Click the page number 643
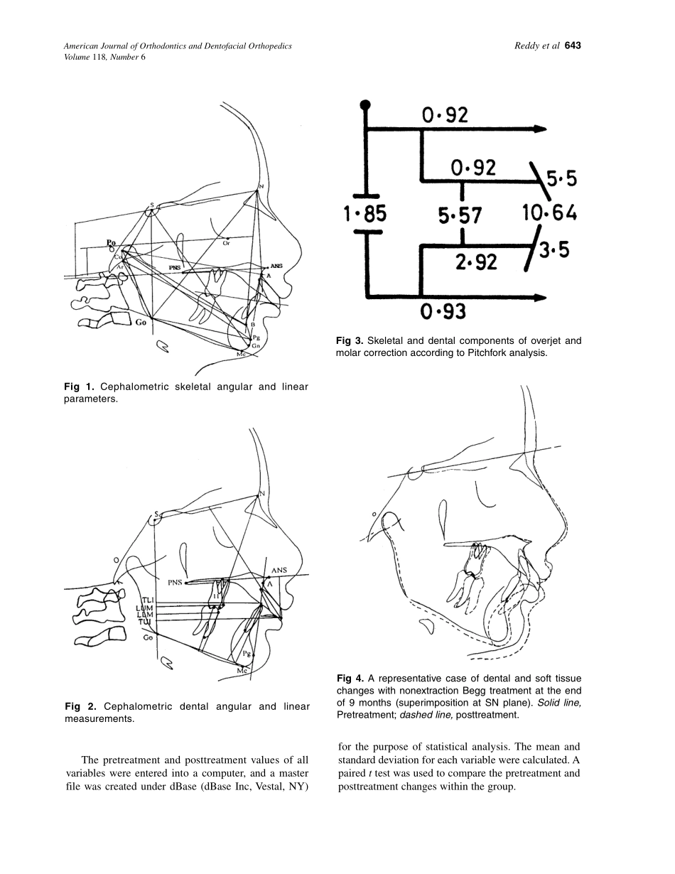(x=573, y=46)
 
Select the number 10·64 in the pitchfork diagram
(x=549, y=212)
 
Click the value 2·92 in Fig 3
(x=476, y=262)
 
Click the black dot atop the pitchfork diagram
(x=365, y=105)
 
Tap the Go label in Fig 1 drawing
(x=141, y=322)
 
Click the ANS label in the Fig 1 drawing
(x=276, y=266)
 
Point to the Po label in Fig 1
(x=111, y=243)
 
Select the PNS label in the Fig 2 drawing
(x=175, y=583)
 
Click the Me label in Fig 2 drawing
(x=241, y=670)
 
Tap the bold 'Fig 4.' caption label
(x=350, y=679)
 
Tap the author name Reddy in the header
(x=528, y=46)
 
